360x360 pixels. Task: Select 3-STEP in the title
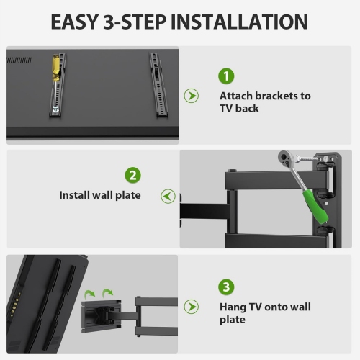tap(145, 21)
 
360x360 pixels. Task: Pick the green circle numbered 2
tap(132, 176)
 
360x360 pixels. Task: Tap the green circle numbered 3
tap(227, 287)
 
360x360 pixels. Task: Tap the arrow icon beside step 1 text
tap(192, 96)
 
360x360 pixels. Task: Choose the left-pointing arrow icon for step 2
tap(168, 195)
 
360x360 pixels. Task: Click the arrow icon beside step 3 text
tap(192, 307)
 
